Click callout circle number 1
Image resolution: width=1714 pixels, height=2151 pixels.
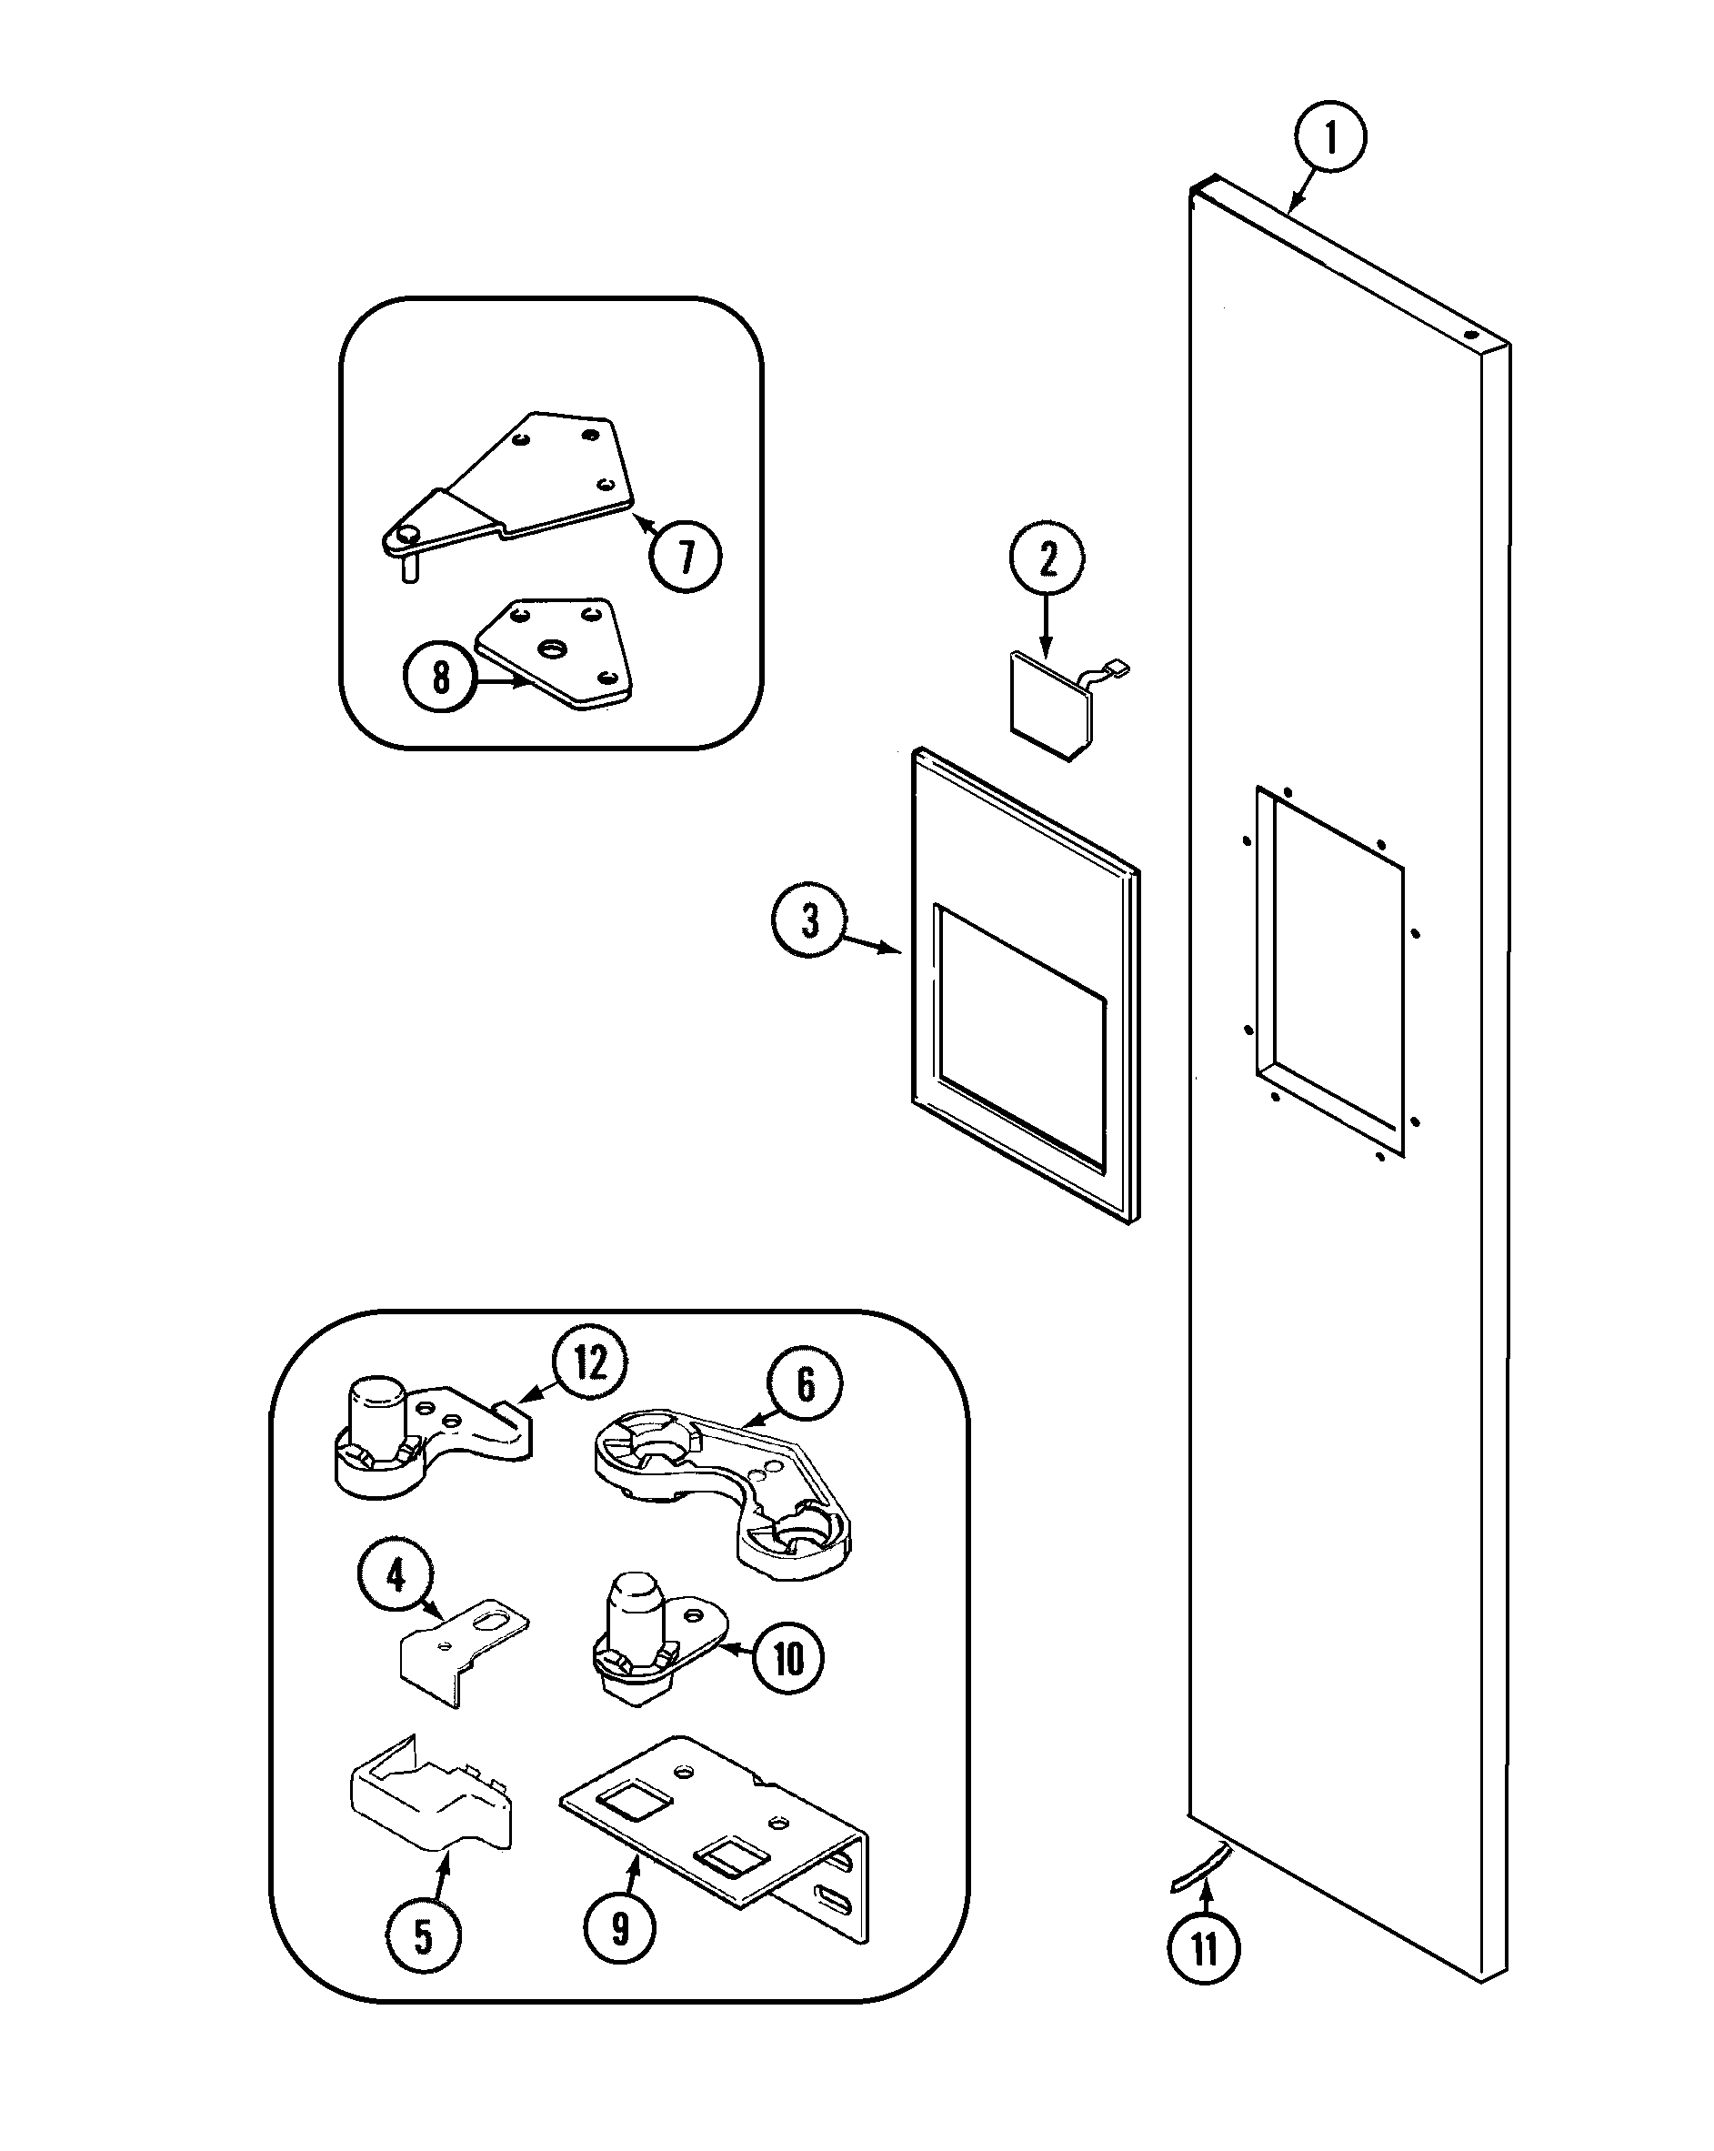pos(1330,137)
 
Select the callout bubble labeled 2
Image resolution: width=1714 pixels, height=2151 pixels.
pos(1047,559)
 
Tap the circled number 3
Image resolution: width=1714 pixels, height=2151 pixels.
pos(809,919)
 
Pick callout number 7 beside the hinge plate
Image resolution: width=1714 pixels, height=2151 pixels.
pos(686,556)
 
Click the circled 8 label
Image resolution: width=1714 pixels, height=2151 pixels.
pos(440,678)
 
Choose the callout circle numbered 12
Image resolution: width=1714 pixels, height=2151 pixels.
pos(589,1362)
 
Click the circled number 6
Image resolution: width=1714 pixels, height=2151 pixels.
pos(804,1383)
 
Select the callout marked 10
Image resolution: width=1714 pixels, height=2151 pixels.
pos(787,1658)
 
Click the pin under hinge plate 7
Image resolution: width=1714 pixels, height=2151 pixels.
pos(408,569)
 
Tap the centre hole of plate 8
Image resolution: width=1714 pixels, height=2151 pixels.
pos(550,649)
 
